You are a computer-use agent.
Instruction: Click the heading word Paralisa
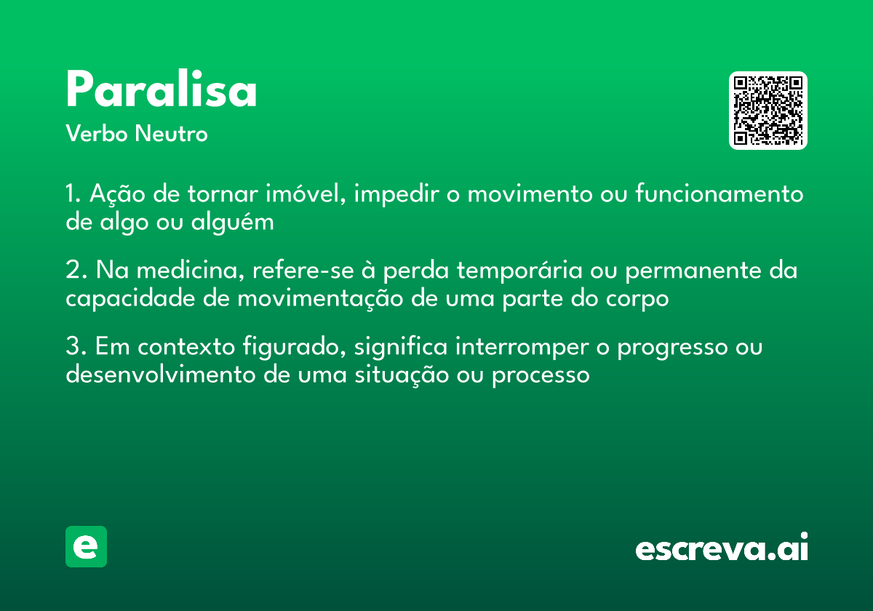(x=162, y=89)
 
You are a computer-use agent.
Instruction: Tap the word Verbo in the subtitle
(x=97, y=133)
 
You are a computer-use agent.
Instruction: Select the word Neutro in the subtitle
(x=171, y=133)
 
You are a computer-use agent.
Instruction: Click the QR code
(x=768, y=111)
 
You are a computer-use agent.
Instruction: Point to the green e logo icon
(x=86, y=546)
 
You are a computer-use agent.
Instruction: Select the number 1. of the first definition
(x=73, y=193)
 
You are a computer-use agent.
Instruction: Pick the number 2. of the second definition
(x=76, y=270)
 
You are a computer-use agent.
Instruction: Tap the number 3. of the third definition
(x=76, y=346)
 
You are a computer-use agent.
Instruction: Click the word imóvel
(x=306, y=193)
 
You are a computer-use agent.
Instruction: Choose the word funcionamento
(x=719, y=193)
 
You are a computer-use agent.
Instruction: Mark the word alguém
(x=232, y=223)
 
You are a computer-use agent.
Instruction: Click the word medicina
(x=191, y=270)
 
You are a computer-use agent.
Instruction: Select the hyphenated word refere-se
(x=303, y=270)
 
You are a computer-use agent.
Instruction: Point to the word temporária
(x=519, y=270)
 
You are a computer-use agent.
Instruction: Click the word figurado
(x=294, y=346)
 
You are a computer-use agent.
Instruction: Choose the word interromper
(x=522, y=346)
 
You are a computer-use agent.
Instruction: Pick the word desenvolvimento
(x=161, y=374)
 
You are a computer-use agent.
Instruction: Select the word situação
(x=402, y=374)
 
